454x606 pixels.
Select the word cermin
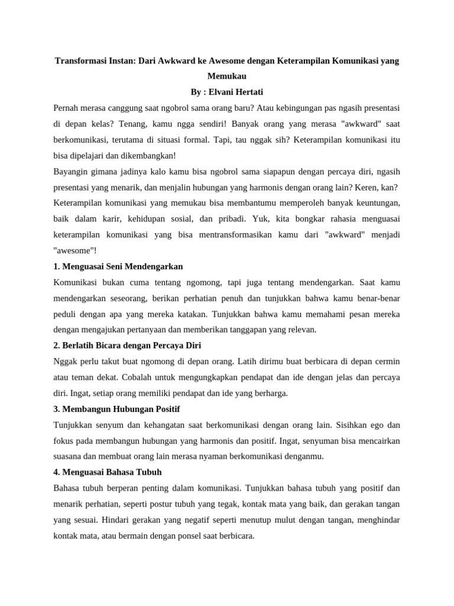(x=384, y=361)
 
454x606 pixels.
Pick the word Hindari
(x=116, y=520)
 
